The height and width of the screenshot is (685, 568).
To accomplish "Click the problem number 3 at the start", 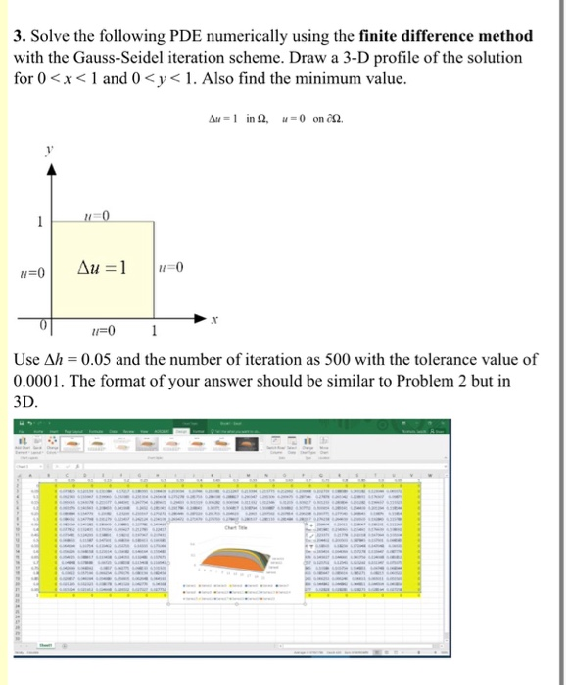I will coord(19,36).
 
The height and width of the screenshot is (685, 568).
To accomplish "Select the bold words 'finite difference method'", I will coord(447,36).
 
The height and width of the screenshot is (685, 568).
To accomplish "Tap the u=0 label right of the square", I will coord(170,268).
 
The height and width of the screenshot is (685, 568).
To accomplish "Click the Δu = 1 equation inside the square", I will coord(102,267).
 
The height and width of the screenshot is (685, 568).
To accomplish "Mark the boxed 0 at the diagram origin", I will coord(44,323).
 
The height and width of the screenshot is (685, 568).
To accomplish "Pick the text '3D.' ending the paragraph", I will coord(26,401).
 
